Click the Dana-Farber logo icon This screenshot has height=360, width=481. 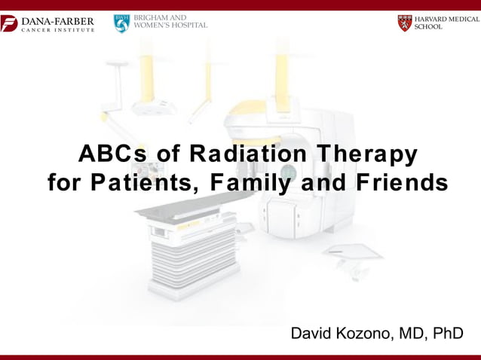[9, 23]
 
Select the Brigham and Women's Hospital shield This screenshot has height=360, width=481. [121, 23]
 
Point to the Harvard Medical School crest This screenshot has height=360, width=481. [405, 23]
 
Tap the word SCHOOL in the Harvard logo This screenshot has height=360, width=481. [429, 27]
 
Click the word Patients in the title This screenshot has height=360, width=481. [151, 183]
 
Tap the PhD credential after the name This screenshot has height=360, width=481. [446, 333]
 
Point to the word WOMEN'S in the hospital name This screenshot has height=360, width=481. [151, 25]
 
